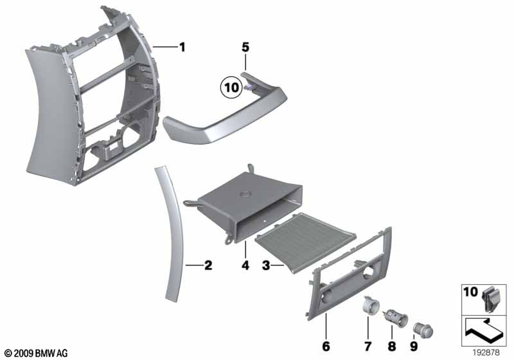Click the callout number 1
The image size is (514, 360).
click(182, 47)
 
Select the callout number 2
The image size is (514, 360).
click(208, 264)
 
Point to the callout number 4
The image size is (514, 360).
click(245, 264)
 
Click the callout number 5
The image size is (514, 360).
click(245, 47)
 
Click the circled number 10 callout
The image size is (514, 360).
click(230, 85)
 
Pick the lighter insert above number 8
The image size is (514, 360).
click(392, 315)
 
